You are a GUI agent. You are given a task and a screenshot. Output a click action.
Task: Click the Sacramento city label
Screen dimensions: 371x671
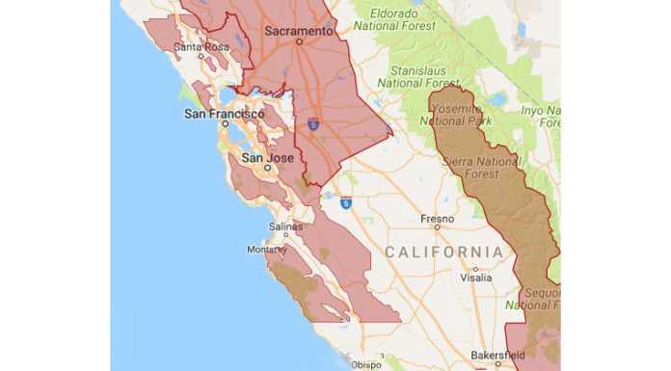point(299,31)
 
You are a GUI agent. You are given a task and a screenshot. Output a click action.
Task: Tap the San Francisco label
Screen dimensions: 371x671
point(224,114)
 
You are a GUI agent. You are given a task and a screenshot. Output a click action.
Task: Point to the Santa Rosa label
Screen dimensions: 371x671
point(201,45)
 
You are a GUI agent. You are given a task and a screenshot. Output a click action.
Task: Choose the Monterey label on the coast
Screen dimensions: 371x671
point(267,249)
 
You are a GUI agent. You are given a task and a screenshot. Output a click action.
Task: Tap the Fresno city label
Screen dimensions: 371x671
point(437,219)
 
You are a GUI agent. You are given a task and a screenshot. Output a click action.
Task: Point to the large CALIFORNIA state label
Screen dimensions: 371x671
point(443,252)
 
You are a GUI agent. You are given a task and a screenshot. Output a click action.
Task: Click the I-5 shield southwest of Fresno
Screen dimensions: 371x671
point(346,202)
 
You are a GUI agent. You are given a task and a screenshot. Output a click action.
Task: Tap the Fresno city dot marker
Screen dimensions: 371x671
point(437,229)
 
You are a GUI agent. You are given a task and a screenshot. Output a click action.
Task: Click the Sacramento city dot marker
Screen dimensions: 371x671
point(299,41)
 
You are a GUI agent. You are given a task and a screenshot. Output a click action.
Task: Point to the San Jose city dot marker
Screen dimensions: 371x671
point(266,169)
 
